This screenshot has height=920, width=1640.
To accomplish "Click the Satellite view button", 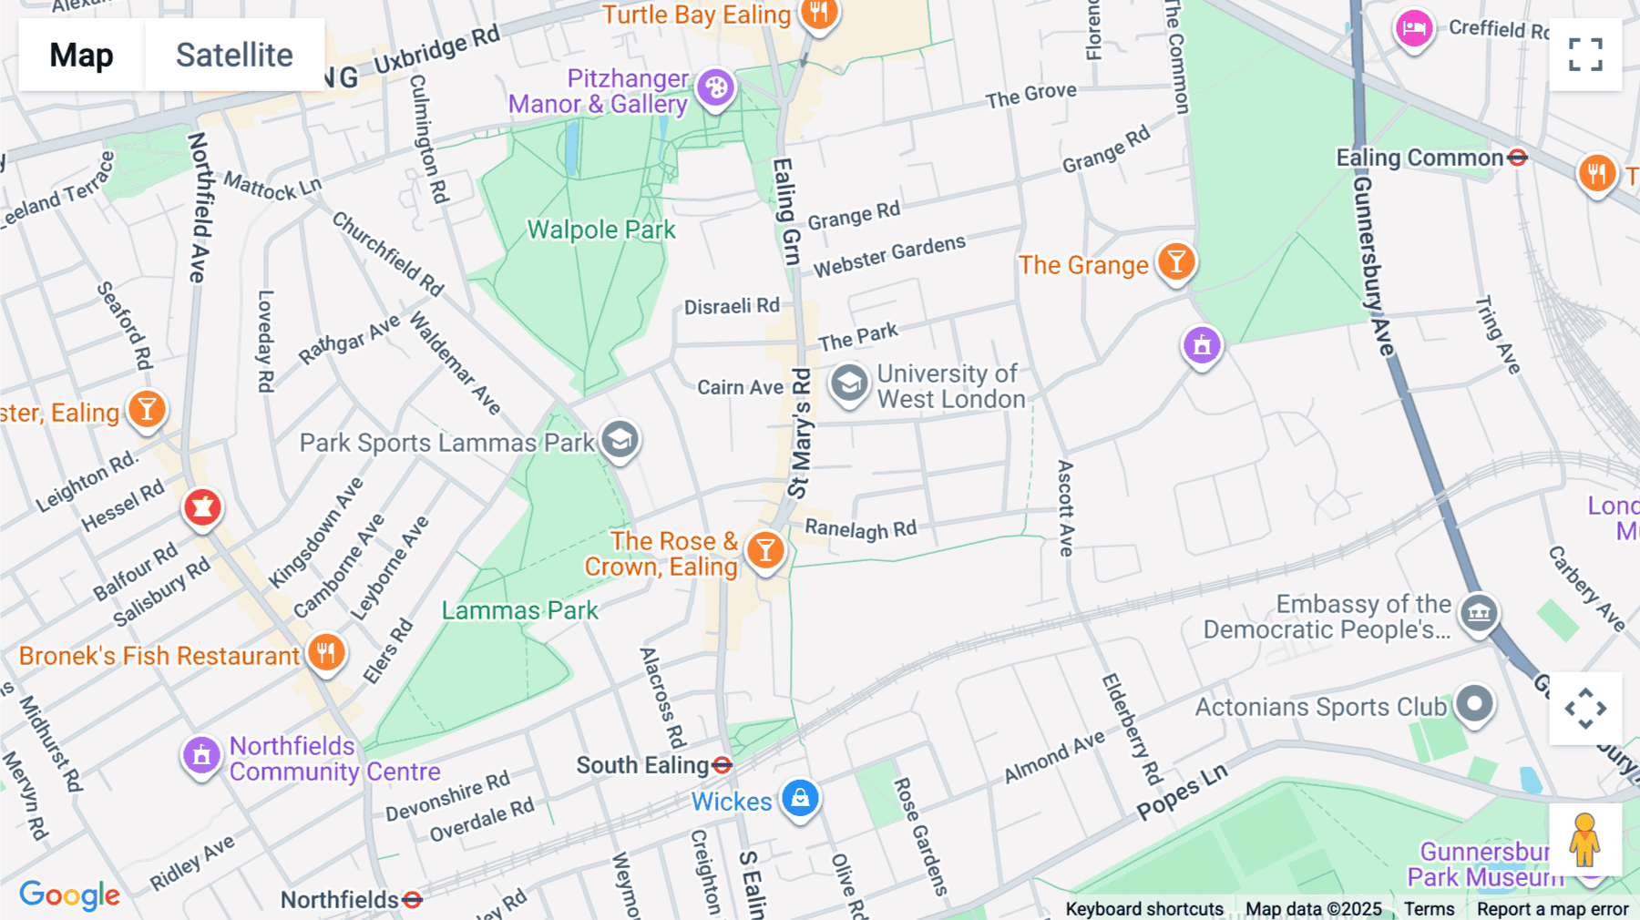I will [234, 55].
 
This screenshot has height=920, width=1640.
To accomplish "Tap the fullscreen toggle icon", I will [1585, 55].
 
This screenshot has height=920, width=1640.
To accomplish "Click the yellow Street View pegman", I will [1584, 839].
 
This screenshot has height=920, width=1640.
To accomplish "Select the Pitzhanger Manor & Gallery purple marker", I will [716, 88].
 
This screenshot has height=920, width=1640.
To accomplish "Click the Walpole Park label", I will [601, 230].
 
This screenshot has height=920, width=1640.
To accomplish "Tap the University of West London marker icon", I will [849, 383].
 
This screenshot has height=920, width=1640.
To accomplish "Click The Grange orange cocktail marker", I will [1176, 262].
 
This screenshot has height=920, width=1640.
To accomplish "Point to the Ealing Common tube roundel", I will [1517, 158].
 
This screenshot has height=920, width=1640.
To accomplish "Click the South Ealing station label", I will [642, 765].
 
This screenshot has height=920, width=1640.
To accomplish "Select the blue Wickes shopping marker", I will [800, 799].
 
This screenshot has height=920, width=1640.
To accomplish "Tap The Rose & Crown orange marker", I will [765, 550].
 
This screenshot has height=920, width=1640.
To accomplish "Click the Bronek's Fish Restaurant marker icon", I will [325, 653].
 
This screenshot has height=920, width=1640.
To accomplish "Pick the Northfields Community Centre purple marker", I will [201, 755].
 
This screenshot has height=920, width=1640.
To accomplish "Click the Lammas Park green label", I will [519, 610].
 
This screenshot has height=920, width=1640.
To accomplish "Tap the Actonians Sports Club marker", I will [1474, 704].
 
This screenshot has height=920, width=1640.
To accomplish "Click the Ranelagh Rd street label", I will [860, 529].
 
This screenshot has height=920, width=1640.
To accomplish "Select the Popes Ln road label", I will [1182, 792].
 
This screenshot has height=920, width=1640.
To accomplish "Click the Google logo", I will [69, 894].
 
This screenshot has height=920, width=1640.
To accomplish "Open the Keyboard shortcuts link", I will [1143, 909].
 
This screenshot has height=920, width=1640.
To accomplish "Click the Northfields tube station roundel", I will [412, 900].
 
